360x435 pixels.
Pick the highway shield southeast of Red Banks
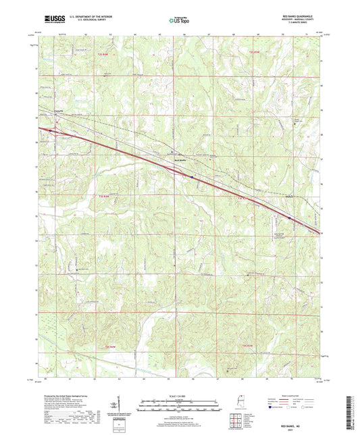[192, 178]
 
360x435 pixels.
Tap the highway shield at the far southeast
[290, 217]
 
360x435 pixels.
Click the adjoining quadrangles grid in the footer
[236, 420]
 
